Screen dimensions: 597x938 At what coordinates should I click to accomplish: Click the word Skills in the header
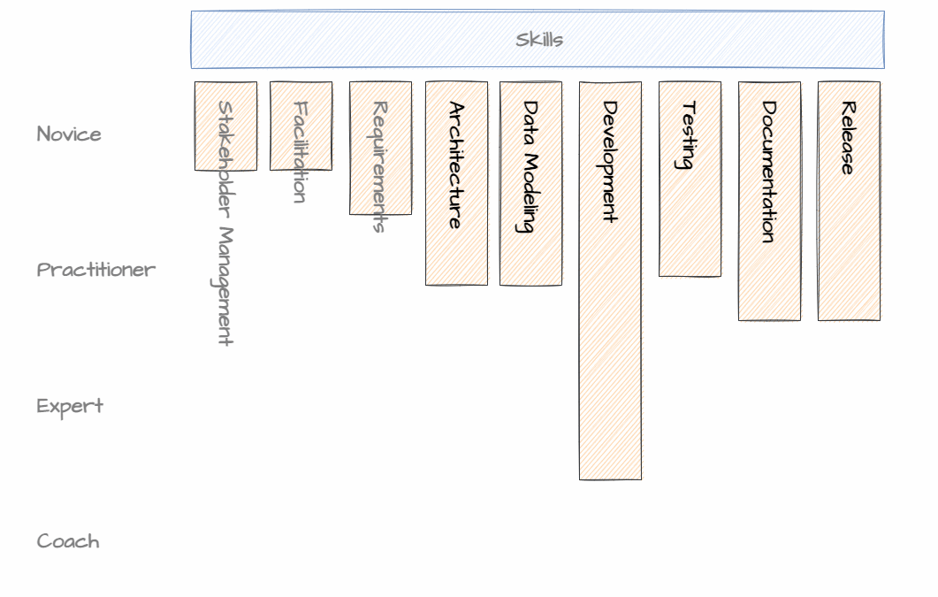(x=539, y=40)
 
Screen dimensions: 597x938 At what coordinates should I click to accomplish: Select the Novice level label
(x=69, y=134)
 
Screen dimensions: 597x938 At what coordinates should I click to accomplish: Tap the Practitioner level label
(x=96, y=270)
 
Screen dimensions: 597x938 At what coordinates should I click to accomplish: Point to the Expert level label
(x=70, y=406)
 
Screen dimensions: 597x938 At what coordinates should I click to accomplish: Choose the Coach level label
(x=68, y=541)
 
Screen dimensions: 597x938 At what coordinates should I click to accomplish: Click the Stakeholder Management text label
(x=225, y=223)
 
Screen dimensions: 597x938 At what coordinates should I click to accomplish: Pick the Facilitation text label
(x=301, y=152)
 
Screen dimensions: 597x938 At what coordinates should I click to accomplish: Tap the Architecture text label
(x=456, y=165)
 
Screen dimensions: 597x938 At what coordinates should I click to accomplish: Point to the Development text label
(x=610, y=161)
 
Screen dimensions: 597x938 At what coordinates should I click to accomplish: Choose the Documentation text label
(x=769, y=172)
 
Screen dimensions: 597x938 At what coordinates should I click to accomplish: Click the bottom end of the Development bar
(x=610, y=478)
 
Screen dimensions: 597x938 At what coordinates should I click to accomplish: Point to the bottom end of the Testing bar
(x=690, y=274)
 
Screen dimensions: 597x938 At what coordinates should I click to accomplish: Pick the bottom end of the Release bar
(x=849, y=318)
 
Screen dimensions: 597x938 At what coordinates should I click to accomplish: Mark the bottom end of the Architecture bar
(x=456, y=283)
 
